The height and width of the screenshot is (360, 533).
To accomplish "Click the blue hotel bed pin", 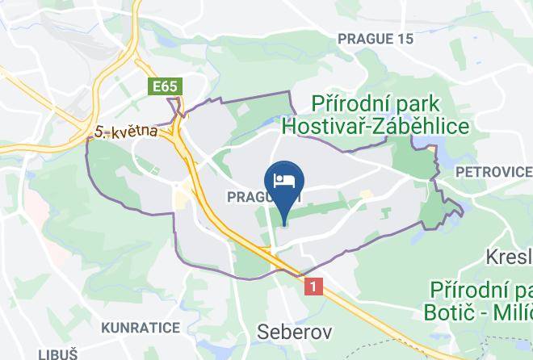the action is (x=283, y=187).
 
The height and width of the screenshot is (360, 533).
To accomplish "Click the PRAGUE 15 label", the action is (x=375, y=39).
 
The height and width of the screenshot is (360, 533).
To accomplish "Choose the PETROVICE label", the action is (x=493, y=172).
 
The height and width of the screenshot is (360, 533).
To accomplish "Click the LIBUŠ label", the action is (x=57, y=354).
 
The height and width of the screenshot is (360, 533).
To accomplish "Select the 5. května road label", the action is (x=124, y=130).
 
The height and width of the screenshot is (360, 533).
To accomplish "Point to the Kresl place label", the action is (x=510, y=257).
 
